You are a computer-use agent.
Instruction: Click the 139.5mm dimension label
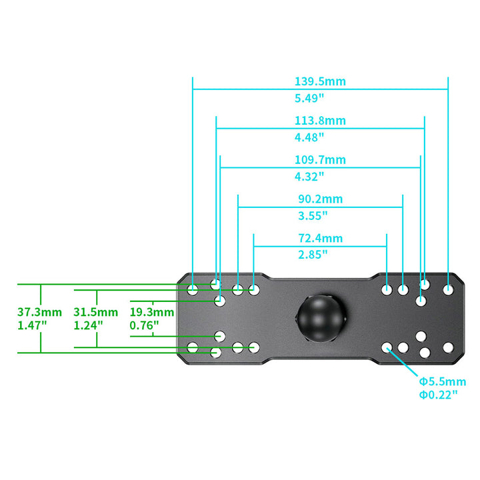pyautogui.click(x=320, y=81)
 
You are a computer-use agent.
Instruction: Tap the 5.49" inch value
pyautogui.click(x=309, y=98)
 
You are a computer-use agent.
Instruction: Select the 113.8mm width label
pyautogui.click(x=320, y=121)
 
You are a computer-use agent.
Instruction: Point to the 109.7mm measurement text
pyautogui.click(x=320, y=160)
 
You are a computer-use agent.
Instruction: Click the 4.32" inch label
pyautogui.click(x=309, y=177)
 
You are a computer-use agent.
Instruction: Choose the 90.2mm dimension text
pyautogui.click(x=320, y=199)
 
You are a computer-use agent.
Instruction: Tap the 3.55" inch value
pyautogui.click(x=313, y=216)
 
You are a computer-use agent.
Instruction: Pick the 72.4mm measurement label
pyautogui.click(x=320, y=238)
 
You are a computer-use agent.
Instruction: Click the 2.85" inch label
pyautogui.click(x=313, y=255)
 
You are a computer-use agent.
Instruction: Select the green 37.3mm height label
pyautogui.click(x=39, y=312)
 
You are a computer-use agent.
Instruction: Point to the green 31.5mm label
pyautogui.click(x=95, y=312)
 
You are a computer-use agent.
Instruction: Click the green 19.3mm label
pyautogui.click(x=152, y=312)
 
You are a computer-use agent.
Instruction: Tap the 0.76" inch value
pyautogui.click(x=144, y=325)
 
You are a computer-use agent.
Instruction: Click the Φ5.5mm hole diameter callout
pyautogui.click(x=443, y=382)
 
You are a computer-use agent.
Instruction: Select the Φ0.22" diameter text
pyautogui.click(x=438, y=395)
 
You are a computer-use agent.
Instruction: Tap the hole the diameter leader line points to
pyautogui.click(x=387, y=348)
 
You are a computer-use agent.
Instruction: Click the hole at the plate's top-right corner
pyautogui.click(x=448, y=289)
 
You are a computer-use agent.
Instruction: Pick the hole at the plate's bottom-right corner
pyautogui.click(x=448, y=348)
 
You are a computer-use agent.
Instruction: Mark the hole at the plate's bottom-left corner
pyautogui.click(x=193, y=348)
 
